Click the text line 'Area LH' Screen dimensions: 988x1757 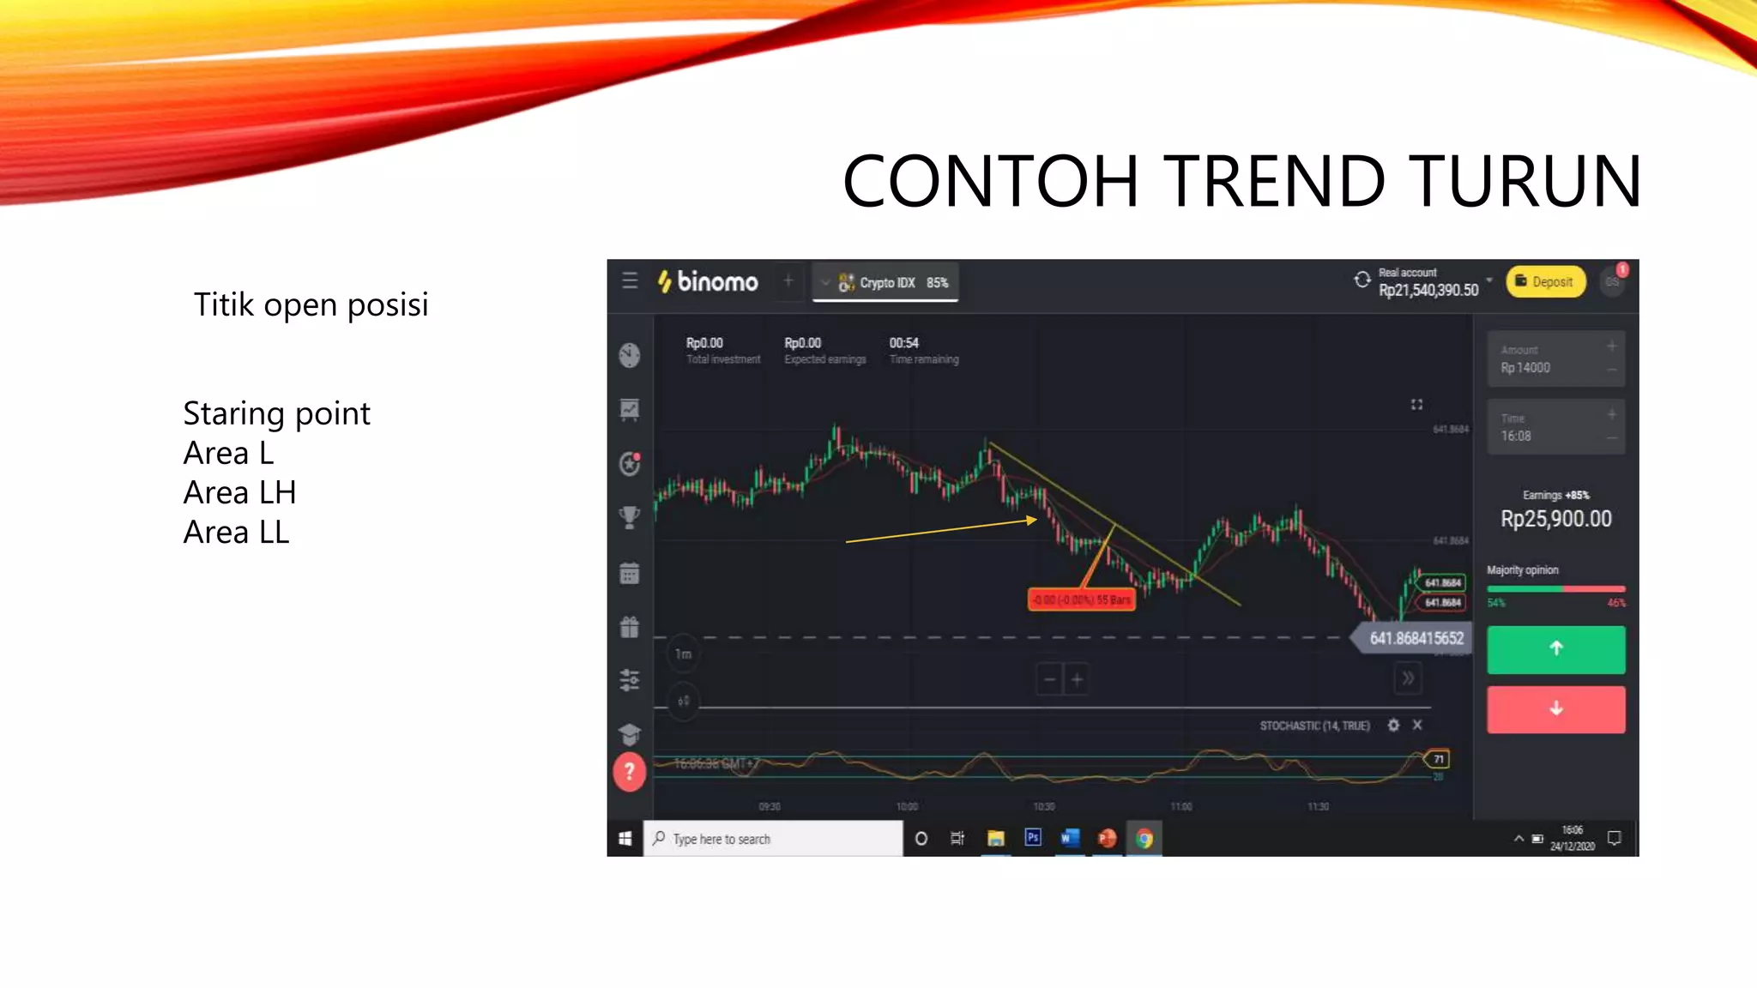[239, 493]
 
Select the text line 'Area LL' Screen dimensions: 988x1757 [236, 533]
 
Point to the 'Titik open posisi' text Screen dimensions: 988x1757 [311, 305]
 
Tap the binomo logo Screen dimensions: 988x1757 [708, 281]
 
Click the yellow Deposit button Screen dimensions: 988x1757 [1545, 281]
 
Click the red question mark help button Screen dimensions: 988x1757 [629, 772]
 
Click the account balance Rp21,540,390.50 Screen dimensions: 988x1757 [1428, 291]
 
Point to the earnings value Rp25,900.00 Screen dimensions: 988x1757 [1555, 519]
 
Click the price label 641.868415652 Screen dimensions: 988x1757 [1416, 638]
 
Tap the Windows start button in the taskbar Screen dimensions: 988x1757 [625, 839]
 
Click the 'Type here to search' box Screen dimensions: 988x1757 [772, 839]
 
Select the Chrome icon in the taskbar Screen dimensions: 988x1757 [1144, 839]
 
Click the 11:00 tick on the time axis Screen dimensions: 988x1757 [1180, 806]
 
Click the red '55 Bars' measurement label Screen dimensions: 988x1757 [1081, 599]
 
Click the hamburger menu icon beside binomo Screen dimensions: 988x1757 [630, 280]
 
